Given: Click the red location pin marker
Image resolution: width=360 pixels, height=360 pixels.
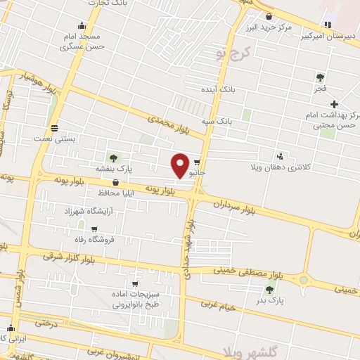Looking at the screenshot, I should [x=181, y=165].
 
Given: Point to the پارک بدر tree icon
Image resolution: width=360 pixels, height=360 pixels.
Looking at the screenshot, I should [x=269, y=289].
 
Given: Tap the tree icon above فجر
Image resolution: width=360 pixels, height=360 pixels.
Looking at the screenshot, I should [x=320, y=77].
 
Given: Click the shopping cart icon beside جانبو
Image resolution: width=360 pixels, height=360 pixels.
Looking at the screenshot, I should [x=206, y=161].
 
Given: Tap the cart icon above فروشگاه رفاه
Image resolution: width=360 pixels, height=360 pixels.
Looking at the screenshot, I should [x=93, y=227].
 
